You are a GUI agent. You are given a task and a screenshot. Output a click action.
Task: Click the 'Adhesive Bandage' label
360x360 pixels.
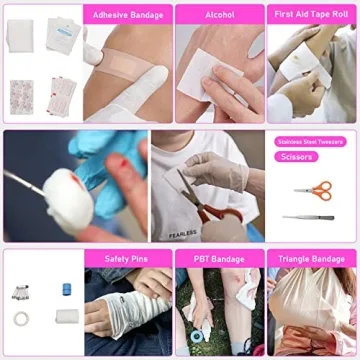(x=127, y=16)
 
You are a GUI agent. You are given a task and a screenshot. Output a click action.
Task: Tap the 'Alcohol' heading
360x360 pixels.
(x=218, y=16)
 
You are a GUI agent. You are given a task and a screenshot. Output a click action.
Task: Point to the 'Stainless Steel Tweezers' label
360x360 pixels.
(x=309, y=142)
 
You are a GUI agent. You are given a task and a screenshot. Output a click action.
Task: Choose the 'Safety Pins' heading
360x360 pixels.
(x=127, y=259)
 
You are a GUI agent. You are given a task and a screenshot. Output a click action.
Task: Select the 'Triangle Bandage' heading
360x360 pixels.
(x=310, y=259)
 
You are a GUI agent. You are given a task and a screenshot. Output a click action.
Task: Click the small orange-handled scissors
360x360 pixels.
(x=313, y=188)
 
